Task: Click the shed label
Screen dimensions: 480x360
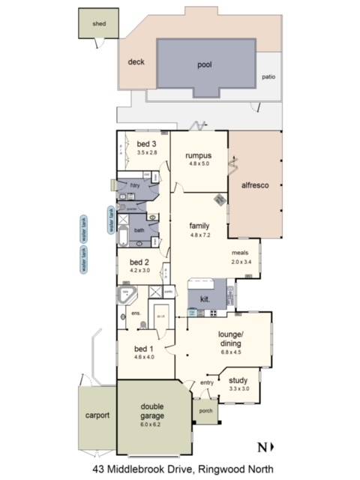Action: [98, 24]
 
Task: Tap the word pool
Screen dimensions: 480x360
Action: [205, 65]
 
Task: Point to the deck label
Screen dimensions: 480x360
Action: [136, 62]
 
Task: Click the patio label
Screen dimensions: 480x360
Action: [268, 76]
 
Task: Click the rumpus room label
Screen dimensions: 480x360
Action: [199, 155]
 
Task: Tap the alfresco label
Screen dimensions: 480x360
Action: [256, 184]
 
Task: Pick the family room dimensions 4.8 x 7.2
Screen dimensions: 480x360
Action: [199, 235]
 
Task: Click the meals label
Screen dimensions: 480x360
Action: [240, 253]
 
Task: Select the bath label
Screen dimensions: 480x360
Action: [139, 230]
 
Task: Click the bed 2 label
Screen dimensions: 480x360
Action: [140, 262]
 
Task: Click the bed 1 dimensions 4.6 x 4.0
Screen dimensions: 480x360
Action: [145, 358]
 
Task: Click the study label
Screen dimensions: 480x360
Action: [238, 379]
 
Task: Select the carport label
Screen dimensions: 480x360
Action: [97, 415]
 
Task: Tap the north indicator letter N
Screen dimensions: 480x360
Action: [261, 448]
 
